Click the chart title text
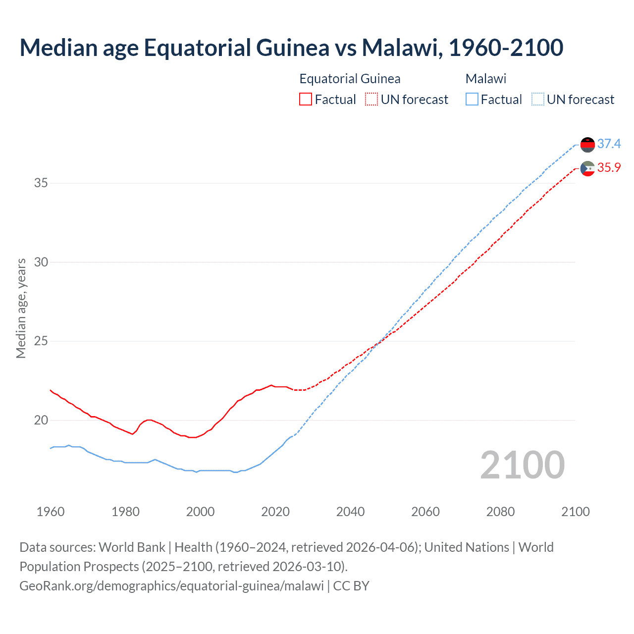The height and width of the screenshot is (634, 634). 291,48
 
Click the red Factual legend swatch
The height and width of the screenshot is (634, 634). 306,99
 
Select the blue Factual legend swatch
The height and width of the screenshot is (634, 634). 472,99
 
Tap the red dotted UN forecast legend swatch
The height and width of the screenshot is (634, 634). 371,99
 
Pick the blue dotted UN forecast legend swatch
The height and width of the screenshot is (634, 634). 537,99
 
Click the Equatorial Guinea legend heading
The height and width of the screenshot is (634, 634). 350,79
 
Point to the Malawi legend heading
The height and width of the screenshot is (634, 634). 486,79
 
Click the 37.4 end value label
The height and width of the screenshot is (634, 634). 609,144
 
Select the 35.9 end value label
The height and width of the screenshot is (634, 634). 609,167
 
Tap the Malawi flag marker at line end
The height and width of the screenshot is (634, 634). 587,145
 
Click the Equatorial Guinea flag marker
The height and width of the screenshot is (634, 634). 587,168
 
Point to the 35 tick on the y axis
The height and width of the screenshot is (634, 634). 41,183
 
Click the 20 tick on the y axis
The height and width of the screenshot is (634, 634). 41,420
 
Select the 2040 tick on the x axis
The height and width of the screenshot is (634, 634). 350,512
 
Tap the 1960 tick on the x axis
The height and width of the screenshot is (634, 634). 51,512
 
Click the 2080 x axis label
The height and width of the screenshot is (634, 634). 500,512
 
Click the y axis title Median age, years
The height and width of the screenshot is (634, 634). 21,308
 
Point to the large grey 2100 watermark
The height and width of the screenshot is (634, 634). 522,465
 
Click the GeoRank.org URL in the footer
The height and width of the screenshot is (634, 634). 171,585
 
